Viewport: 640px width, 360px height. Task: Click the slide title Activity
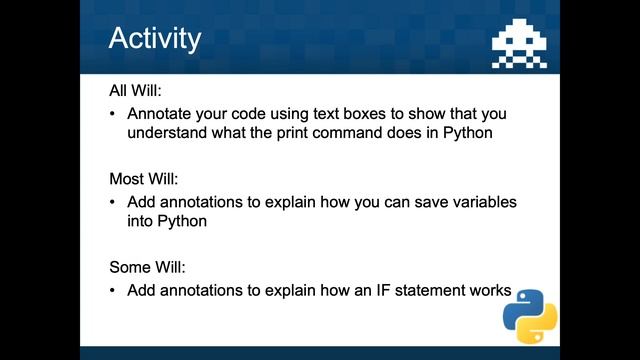point(154,39)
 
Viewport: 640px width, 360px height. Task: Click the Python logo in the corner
point(529,316)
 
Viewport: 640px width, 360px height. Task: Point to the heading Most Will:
point(143,179)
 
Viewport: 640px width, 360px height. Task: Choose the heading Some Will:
point(147,268)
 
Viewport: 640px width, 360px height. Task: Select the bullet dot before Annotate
point(114,113)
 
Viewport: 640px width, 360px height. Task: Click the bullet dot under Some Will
point(114,291)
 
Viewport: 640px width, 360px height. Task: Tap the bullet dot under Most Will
point(114,202)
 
